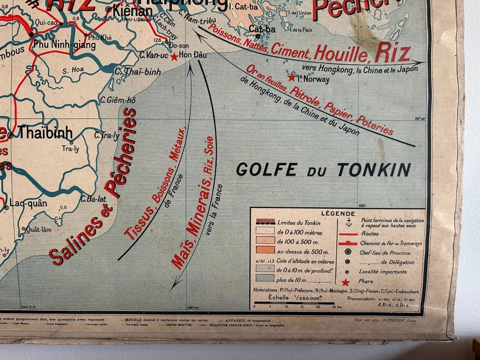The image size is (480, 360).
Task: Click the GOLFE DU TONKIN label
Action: [323, 170]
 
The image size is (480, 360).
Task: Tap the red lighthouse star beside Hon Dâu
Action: [174, 56]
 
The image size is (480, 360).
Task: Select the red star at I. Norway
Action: [291, 77]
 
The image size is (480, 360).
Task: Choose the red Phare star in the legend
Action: [345, 282]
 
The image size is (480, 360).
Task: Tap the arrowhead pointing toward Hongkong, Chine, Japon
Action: [421, 62]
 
